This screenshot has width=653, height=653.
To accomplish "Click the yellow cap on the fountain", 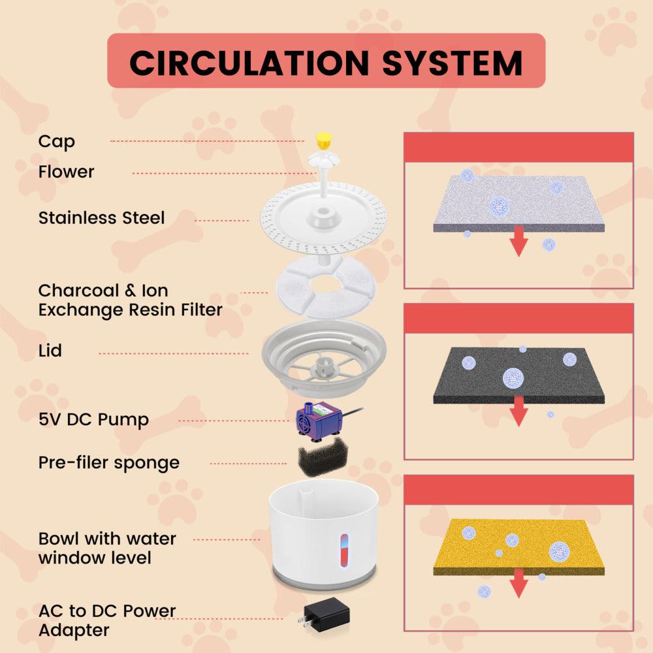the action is click(323, 141).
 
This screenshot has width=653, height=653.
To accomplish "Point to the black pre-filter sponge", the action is click(323, 456).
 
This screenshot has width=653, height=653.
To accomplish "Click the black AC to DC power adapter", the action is click(325, 616).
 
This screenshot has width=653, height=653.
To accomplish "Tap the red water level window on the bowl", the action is click(344, 550).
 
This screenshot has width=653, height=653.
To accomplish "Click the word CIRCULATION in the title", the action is click(249, 63).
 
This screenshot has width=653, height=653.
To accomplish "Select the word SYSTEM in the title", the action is click(453, 63).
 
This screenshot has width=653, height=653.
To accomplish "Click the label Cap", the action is click(57, 142).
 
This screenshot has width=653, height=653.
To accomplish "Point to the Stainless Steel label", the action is click(102, 218).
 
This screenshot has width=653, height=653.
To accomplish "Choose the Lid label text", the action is click(50, 351).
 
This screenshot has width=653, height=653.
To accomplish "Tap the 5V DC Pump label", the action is click(93, 420).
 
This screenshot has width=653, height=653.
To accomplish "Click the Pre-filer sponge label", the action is click(109, 463).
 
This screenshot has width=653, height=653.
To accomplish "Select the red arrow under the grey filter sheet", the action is click(518, 241).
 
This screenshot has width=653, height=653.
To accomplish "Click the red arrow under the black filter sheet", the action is click(518, 411).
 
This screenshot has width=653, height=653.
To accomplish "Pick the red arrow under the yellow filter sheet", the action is click(518, 583).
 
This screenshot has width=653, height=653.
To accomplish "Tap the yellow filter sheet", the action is click(519, 547).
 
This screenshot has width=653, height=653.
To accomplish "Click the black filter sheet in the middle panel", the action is click(519, 375).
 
